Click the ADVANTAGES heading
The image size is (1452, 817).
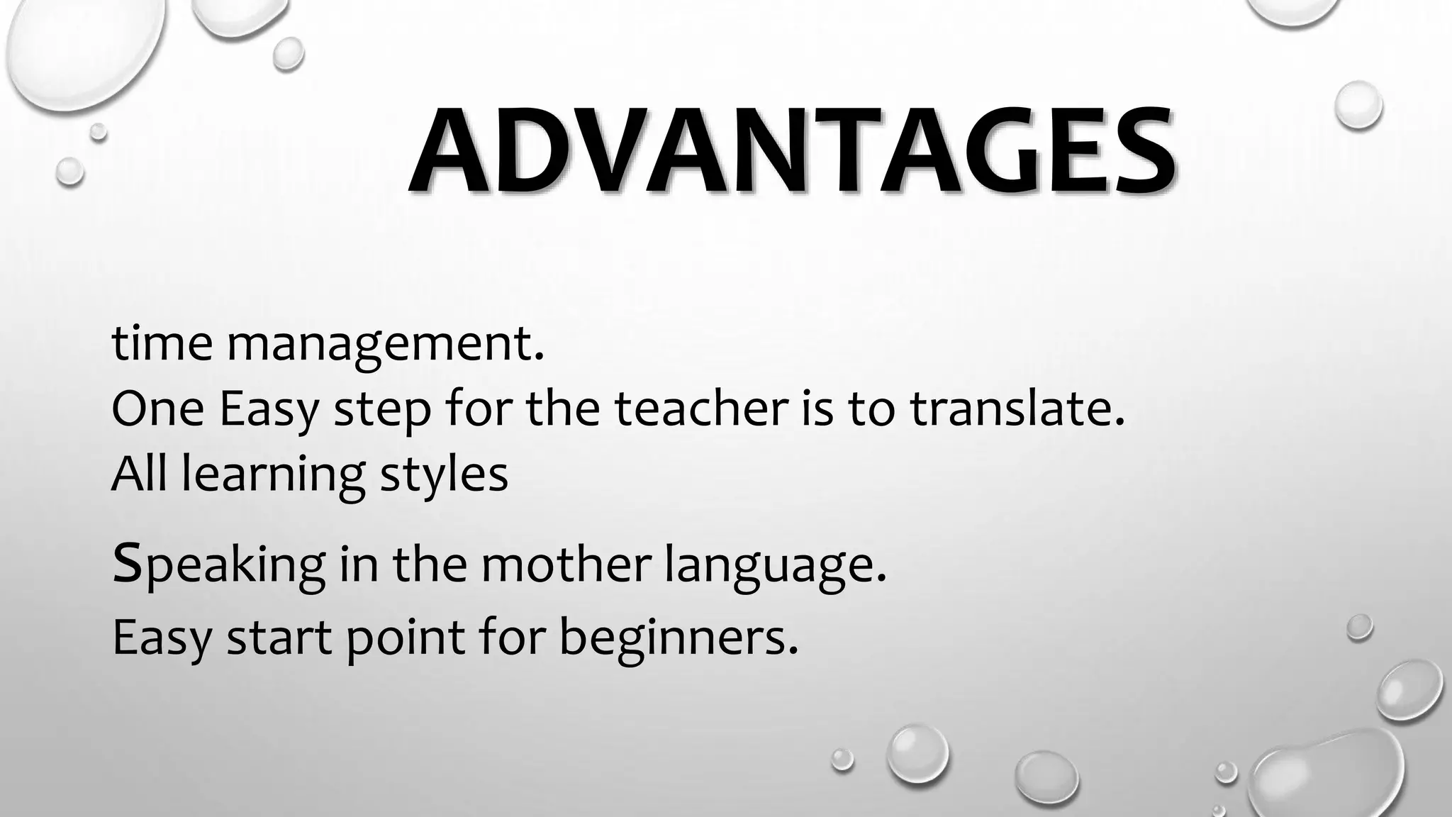[x=792, y=152]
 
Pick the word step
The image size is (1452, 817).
[x=381, y=411]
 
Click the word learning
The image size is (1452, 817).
[x=273, y=475]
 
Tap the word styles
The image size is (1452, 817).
[x=444, y=475]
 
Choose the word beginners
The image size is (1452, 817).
[x=674, y=637]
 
